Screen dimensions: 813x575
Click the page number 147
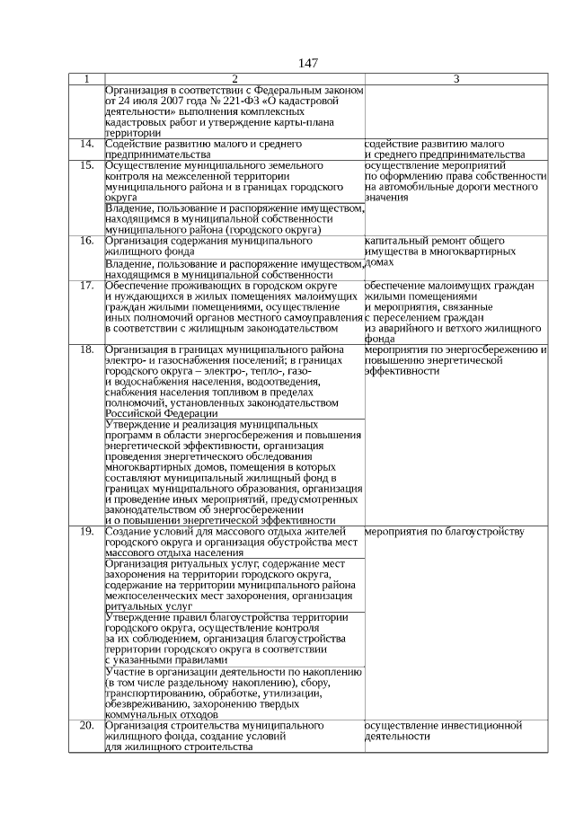(x=306, y=63)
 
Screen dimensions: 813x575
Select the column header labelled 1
(x=86, y=79)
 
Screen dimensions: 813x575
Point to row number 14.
(x=86, y=144)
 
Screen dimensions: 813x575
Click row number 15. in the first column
(x=86, y=165)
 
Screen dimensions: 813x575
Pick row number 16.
(x=86, y=241)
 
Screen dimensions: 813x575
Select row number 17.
(x=86, y=286)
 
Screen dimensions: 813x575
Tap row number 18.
(x=86, y=349)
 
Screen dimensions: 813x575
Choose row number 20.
(x=86, y=724)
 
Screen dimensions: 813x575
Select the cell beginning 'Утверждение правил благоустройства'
(x=226, y=638)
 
